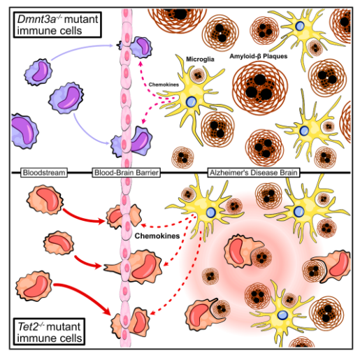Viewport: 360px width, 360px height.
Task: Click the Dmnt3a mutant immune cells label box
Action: [57, 24]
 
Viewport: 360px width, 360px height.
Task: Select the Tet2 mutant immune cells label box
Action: [49, 332]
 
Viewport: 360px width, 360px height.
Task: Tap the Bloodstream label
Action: [44, 173]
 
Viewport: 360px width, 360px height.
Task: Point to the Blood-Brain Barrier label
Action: [127, 173]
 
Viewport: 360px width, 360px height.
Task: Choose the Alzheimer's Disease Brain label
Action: [254, 173]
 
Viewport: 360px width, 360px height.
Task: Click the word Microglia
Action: [200, 59]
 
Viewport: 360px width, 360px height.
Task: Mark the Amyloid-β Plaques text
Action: [259, 56]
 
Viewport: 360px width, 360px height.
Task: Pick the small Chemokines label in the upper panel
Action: [164, 85]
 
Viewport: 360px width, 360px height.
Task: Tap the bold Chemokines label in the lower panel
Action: [157, 236]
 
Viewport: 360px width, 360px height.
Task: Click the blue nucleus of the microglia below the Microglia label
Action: [192, 101]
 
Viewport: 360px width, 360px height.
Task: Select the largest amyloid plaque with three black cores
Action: [260, 87]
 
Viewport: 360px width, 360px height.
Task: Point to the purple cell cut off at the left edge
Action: [24, 131]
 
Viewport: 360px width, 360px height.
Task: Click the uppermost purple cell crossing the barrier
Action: [138, 48]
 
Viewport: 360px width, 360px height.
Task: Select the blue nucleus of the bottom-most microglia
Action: [282, 315]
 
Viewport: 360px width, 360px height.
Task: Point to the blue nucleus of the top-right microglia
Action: [300, 26]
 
